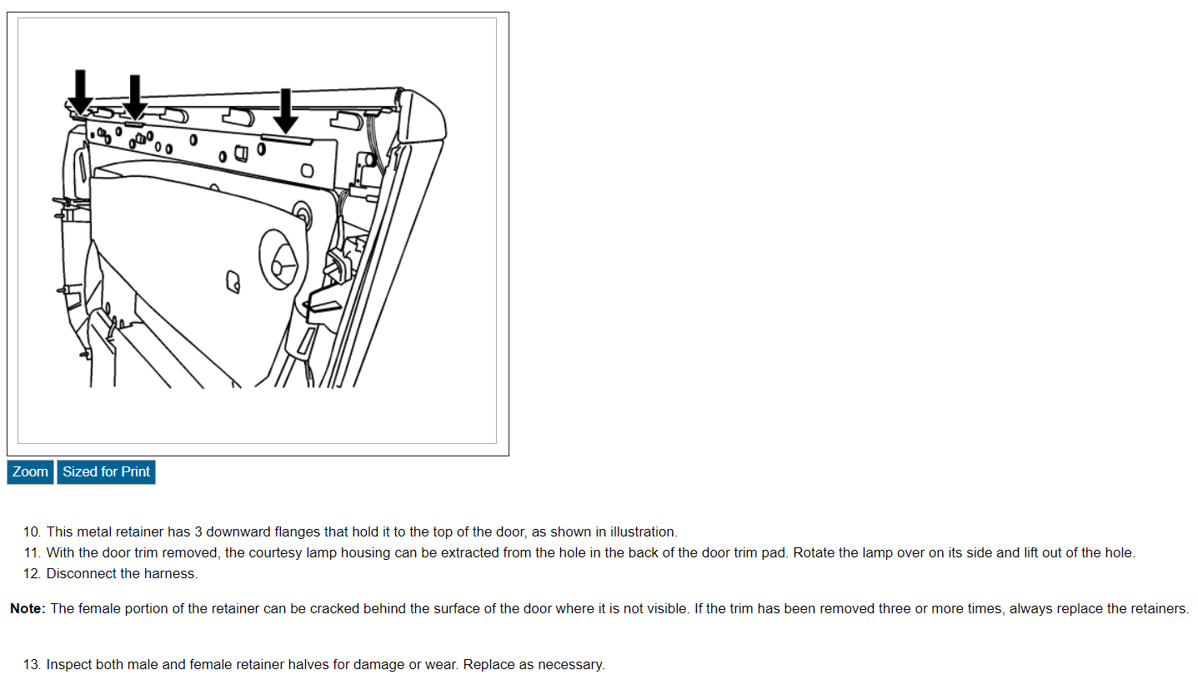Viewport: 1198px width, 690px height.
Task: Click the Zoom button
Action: pyautogui.click(x=30, y=472)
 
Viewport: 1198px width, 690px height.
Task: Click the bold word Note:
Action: pyautogui.click(x=28, y=609)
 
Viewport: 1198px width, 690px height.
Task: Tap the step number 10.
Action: pyautogui.click(x=32, y=532)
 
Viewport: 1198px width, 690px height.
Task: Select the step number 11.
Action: pyautogui.click(x=32, y=553)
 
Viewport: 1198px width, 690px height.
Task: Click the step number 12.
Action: pyautogui.click(x=32, y=574)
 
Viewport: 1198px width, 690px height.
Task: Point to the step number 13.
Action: pyautogui.click(x=32, y=665)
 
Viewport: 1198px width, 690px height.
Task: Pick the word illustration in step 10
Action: pyautogui.click(x=643, y=532)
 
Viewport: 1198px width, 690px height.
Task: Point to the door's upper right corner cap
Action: pyautogui.click(x=424, y=117)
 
